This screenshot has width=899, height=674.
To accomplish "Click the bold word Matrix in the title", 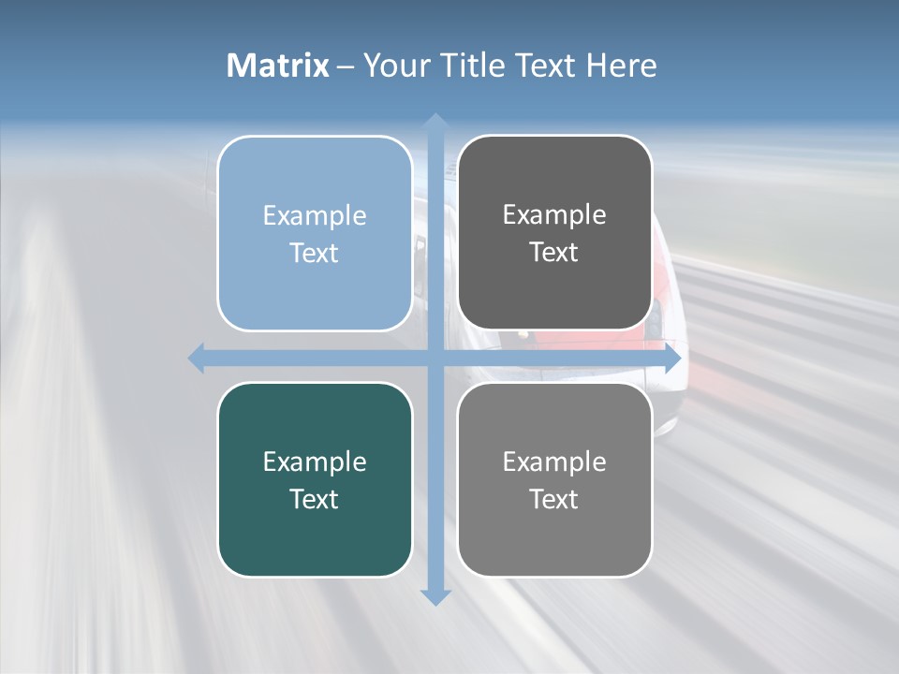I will [x=278, y=66].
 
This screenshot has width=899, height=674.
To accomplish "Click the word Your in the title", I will [x=393, y=66].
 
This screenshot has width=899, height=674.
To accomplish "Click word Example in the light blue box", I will [x=315, y=216].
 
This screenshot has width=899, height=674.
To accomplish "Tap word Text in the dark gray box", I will [x=554, y=253].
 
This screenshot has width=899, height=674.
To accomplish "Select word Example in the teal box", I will [x=315, y=462].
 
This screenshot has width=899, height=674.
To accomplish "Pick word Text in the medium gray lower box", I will [x=554, y=499].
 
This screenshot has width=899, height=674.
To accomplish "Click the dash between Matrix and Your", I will [x=346, y=66].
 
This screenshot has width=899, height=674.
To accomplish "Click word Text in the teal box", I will [x=315, y=499].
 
